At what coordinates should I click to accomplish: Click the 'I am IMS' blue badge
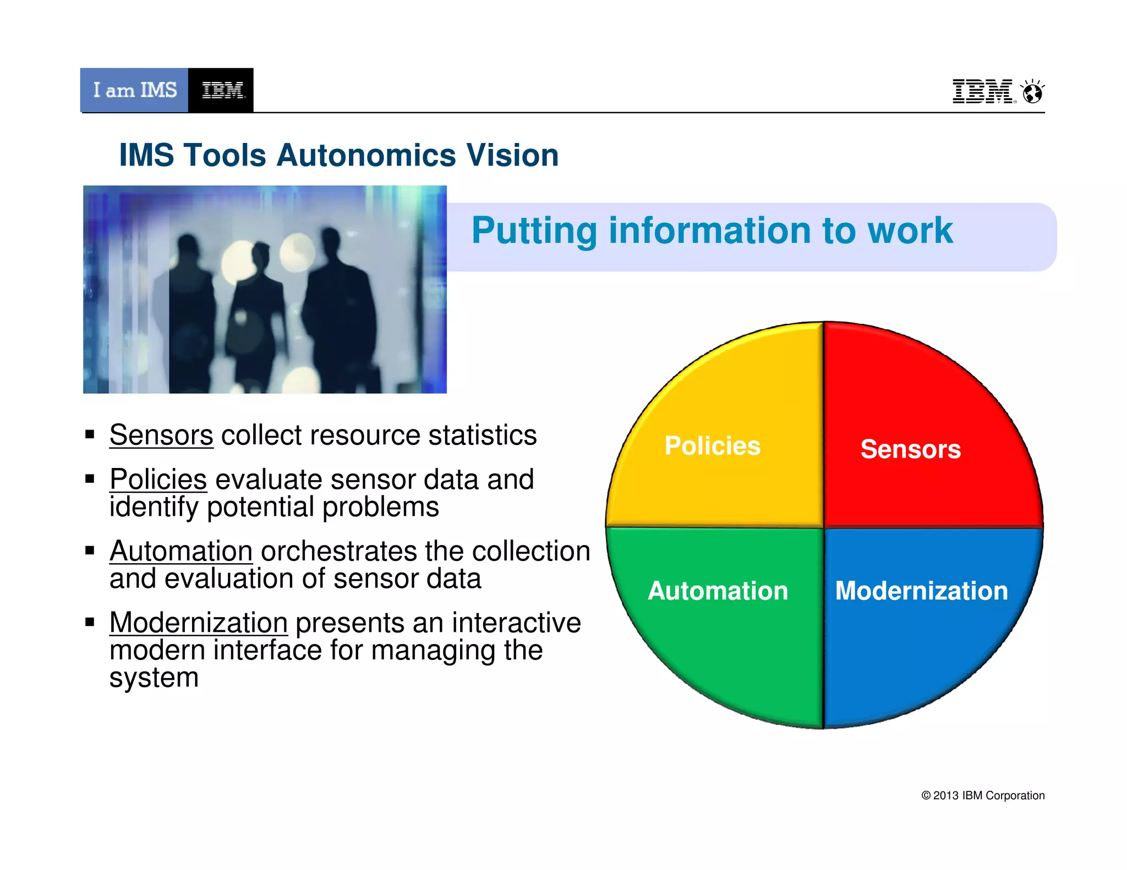pos(134,90)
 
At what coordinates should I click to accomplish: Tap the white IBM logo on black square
pos(221,90)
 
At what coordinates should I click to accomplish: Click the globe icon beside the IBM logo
pos(1033,92)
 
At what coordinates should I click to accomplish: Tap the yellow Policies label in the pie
pos(712,445)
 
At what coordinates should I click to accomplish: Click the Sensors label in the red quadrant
pos(911,449)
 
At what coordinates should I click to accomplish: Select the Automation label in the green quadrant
pos(718,591)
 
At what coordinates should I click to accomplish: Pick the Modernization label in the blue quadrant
pos(922,591)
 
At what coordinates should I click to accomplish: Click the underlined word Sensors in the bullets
pos(161,435)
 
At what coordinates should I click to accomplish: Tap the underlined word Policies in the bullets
pos(158,479)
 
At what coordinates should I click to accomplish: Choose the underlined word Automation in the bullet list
pos(181,551)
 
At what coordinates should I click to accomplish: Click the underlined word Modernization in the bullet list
pos(199,623)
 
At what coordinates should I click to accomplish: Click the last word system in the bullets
pos(154,678)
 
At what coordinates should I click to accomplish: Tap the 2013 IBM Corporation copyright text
pos(983,795)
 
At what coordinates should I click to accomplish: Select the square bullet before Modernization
pos(90,622)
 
